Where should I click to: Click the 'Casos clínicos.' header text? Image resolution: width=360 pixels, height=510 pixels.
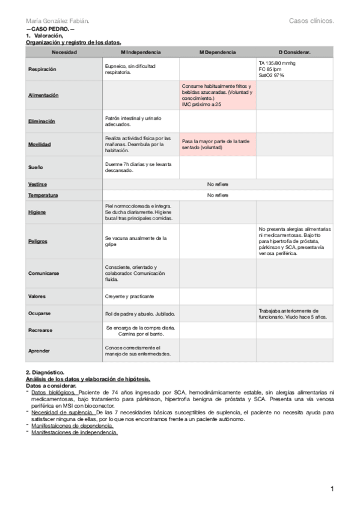[x=311, y=22]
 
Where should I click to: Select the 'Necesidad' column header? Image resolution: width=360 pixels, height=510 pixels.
[x=64, y=53]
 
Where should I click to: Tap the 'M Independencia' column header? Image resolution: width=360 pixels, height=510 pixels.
[x=141, y=53]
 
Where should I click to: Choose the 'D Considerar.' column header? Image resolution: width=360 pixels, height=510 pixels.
[x=294, y=53]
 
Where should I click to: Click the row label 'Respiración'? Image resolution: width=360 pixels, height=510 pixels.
[x=43, y=69]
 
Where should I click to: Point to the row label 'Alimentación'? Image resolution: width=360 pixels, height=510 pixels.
[x=43, y=96]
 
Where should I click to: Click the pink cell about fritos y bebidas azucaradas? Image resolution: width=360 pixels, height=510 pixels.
[x=218, y=96]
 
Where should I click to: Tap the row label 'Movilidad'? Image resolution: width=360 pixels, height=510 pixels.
[x=40, y=144]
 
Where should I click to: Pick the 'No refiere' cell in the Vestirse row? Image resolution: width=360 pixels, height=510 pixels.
[x=218, y=184]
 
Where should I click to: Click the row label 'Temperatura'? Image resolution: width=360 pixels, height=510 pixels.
[x=43, y=195]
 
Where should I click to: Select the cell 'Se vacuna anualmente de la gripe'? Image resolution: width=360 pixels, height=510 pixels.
[x=141, y=241]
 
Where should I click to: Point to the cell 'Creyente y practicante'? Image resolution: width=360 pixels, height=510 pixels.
[x=130, y=296]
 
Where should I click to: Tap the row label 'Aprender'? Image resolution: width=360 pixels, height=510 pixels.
[x=39, y=350]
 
